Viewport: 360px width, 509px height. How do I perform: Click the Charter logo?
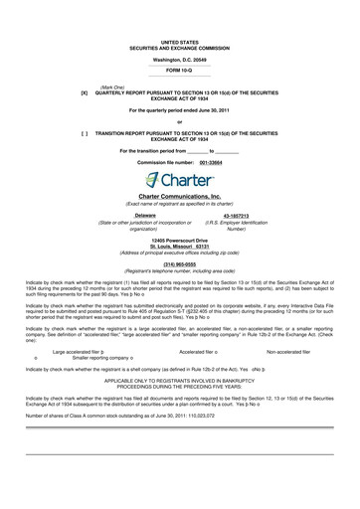(180, 181)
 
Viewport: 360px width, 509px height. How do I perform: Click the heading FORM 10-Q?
(180, 72)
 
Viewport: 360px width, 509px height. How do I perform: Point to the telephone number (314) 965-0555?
(180, 264)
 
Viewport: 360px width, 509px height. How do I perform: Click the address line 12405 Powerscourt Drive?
(180, 241)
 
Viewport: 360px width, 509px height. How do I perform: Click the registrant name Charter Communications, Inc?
(180, 198)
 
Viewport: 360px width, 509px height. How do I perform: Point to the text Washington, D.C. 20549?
(180, 60)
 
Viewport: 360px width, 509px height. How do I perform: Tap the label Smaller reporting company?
(94, 358)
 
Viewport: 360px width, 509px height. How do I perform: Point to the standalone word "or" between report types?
(180, 120)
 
